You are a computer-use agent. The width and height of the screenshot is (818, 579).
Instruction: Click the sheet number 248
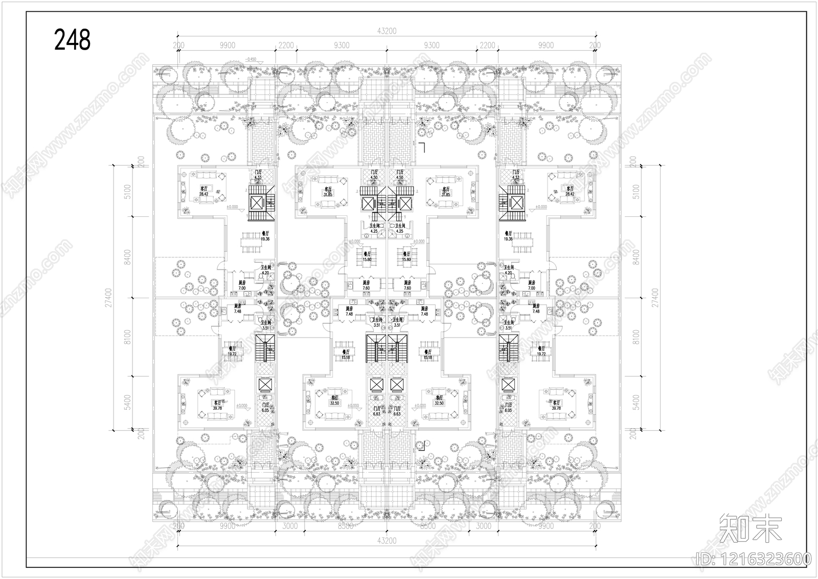(x=72, y=39)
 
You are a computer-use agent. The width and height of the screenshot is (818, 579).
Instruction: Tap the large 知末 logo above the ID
(x=751, y=529)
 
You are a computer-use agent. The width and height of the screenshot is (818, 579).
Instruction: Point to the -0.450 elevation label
(x=251, y=59)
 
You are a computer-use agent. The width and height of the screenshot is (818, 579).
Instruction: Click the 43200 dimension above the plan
(x=387, y=31)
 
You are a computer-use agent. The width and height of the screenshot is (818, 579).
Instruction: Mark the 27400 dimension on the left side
(x=109, y=297)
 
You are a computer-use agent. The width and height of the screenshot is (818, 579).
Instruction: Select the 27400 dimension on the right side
(x=656, y=297)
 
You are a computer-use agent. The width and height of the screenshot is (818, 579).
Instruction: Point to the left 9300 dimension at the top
(x=342, y=46)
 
